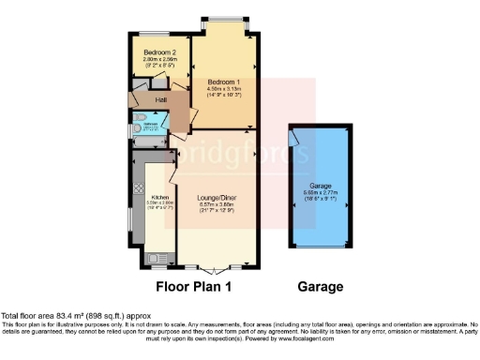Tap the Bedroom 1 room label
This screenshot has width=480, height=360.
pos(223,82)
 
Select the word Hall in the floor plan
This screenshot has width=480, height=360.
pos(148,98)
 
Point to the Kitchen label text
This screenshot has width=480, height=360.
pos(159,197)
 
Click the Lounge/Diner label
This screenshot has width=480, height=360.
pos(216,198)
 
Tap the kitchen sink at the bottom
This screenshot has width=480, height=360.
pos(154,254)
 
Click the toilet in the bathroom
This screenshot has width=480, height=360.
pos(136,121)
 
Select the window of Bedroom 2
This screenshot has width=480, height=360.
pos(150,35)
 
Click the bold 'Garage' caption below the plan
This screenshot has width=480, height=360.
pos(320,287)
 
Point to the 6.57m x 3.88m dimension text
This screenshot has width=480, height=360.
pos(216,204)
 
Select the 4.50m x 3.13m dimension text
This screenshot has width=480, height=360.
pos(223,89)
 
